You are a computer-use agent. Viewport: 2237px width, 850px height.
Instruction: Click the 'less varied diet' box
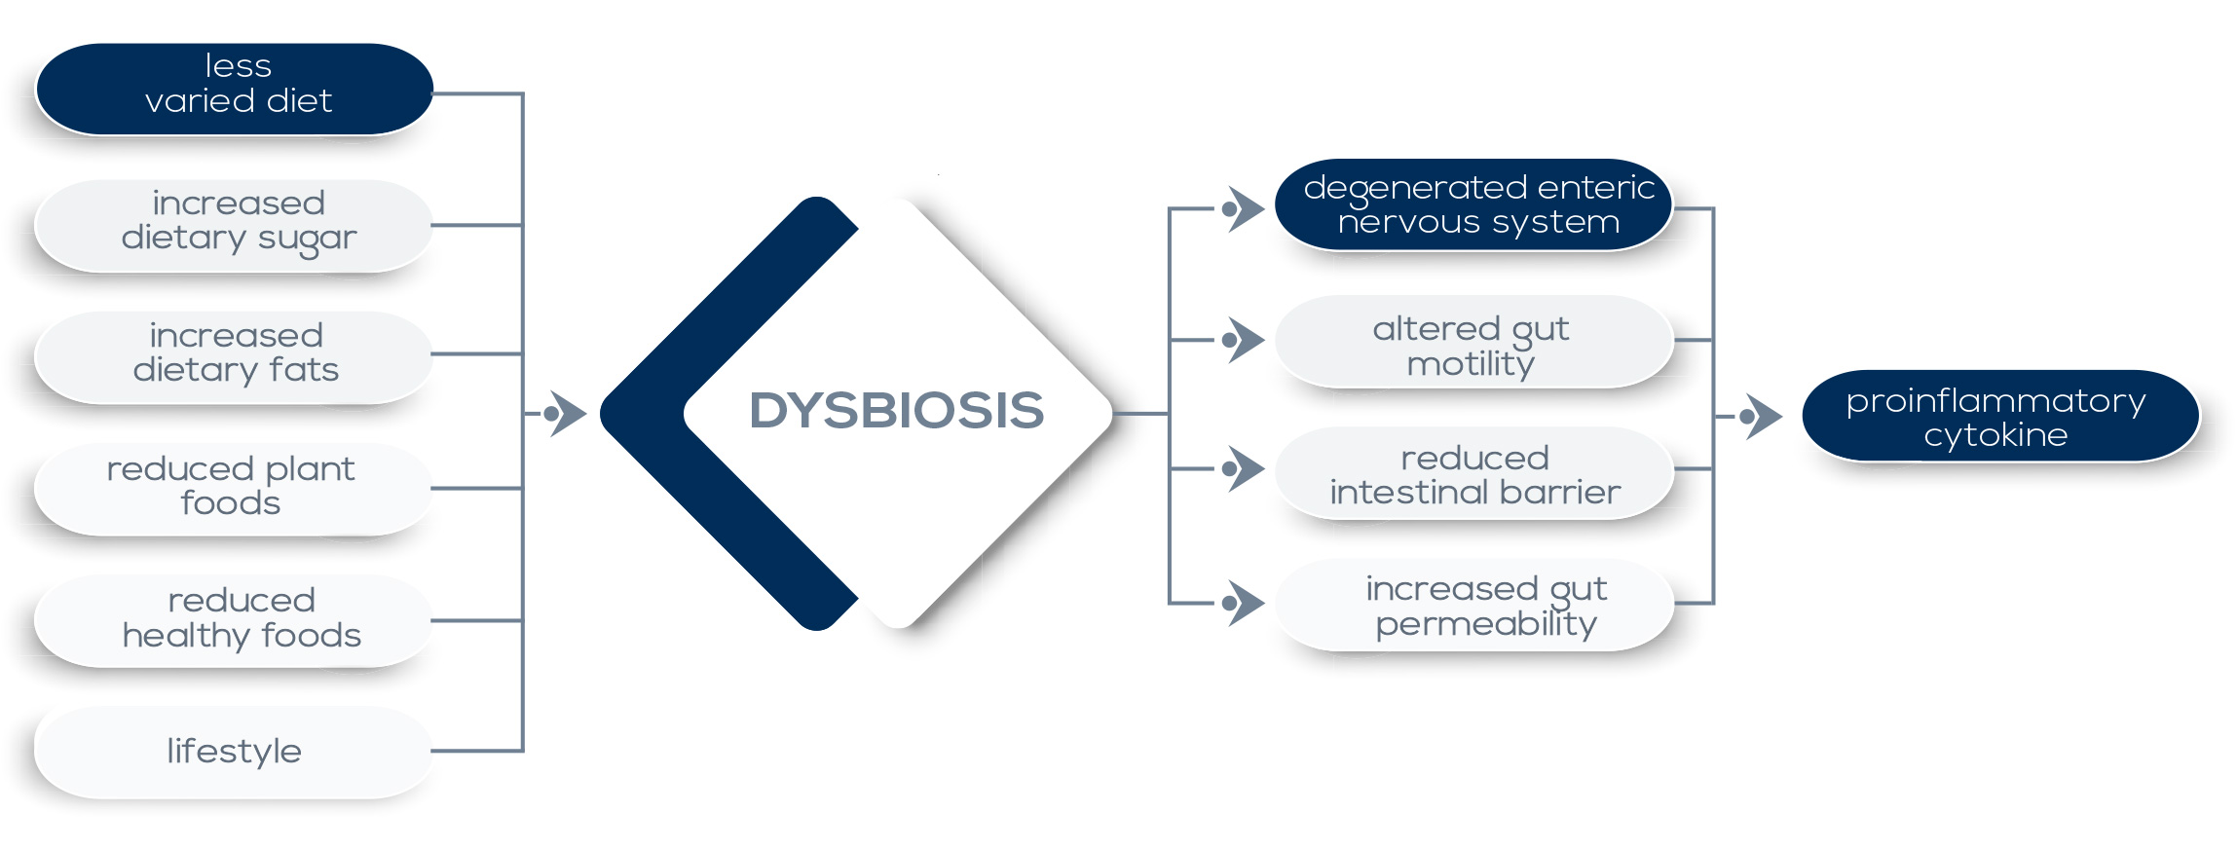[x=234, y=89]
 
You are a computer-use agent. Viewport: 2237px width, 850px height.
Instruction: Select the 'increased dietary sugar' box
[x=234, y=225]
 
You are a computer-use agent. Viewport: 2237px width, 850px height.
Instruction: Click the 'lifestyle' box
[x=234, y=752]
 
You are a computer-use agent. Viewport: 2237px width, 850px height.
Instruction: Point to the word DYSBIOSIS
[x=896, y=411]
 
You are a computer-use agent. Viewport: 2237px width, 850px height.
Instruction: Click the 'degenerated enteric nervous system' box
[x=1473, y=204]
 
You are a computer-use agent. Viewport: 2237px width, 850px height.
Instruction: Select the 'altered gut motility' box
[x=1473, y=342]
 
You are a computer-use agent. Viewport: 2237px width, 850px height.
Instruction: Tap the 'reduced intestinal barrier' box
[x=1473, y=473]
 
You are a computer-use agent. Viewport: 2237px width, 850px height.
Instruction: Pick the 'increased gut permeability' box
[x=1473, y=605]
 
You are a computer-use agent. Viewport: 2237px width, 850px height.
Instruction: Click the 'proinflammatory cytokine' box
[x=2000, y=416]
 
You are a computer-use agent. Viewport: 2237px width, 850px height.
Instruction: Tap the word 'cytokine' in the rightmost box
[x=1995, y=435]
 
